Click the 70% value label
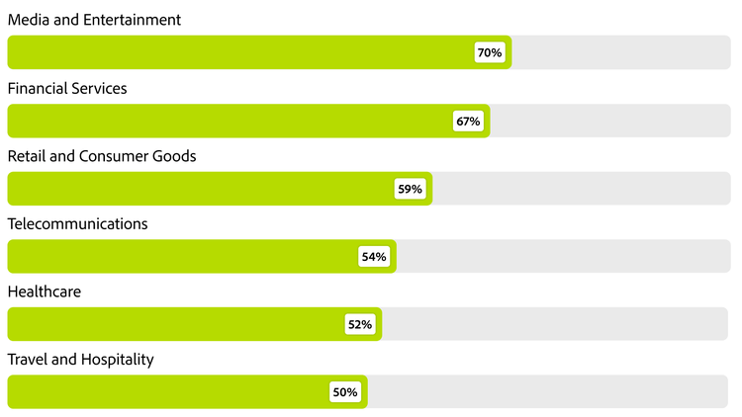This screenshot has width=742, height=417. pyautogui.click(x=489, y=52)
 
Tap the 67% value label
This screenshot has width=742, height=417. pyautogui.click(x=467, y=121)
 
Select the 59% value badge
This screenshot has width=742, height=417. pyautogui.click(x=410, y=189)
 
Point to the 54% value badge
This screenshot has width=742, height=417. pyautogui.click(x=374, y=257)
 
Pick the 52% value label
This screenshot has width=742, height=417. pyautogui.click(x=359, y=324)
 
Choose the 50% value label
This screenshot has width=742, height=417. pyautogui.click(x=345, y=392)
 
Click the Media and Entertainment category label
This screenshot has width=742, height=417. pyautogui.click(x=94, y=20)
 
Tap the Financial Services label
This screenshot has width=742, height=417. pyautogui.click(x=67, y=88)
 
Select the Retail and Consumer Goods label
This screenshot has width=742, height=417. pyautogui.click(x=102, y=156)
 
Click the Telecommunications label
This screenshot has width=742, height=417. pyautogui.click(x=77, y=224)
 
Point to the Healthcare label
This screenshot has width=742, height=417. pyautogui.click(x=44, y=292)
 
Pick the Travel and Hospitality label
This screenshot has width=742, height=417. pyautogui.click(x=80, y=360)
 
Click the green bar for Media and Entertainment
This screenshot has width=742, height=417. pyautogui.click(x=237, y=52)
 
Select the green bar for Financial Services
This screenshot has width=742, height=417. pyautogui.click(x=228, y=121)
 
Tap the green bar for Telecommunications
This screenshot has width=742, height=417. pyautogui.click(x=178, y=257)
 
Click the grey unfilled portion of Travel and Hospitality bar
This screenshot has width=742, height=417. pyautogui.click(x=549, y=392)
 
